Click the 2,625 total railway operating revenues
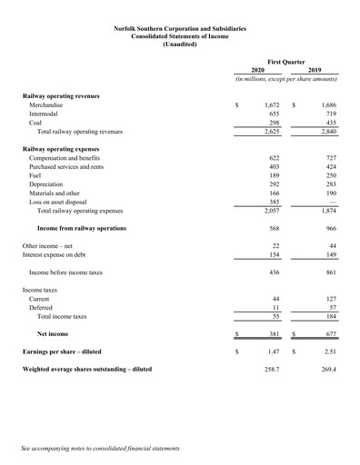(x=269, y=131)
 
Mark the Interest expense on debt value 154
(x=274, y=255)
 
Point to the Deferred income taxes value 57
(x=332, y=307)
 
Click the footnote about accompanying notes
(x=101, y=448)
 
